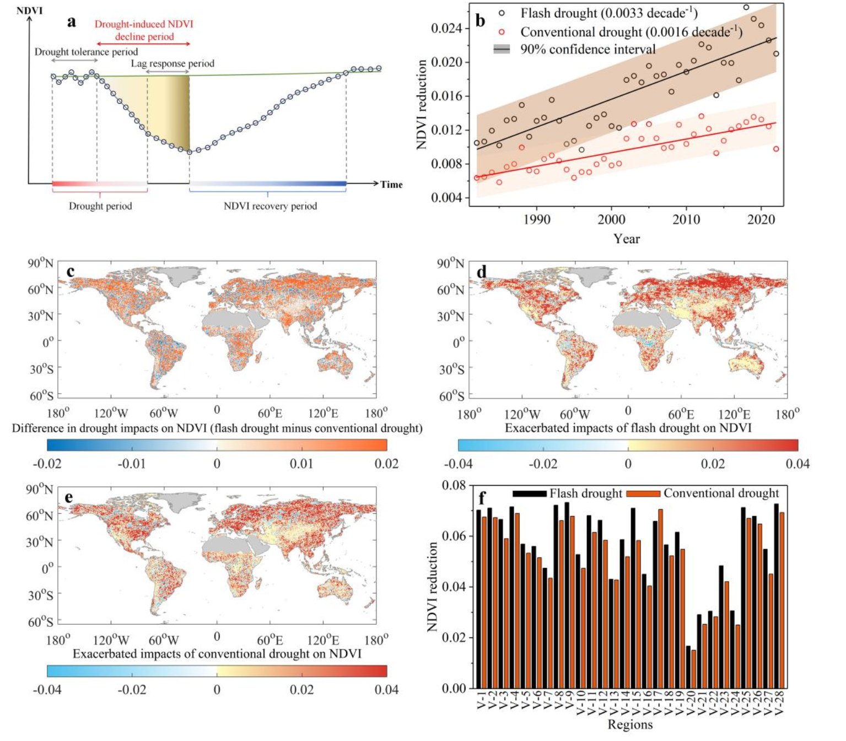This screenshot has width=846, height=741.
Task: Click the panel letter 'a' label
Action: (x=72, y=22)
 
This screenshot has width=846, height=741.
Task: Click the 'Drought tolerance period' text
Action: (x=86, y=52)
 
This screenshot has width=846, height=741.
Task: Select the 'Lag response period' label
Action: (x=173, y=63)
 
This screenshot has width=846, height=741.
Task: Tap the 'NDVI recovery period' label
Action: (x=270, y=206)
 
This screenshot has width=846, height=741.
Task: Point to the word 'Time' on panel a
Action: (x=391, y=185)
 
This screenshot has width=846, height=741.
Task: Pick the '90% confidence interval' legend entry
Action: (x=588, y=50)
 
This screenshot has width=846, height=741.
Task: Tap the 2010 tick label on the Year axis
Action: (x=686, y=219)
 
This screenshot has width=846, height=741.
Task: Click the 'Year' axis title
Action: (x=627, y=239)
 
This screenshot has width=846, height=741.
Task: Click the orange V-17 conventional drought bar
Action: (x=660, y=599)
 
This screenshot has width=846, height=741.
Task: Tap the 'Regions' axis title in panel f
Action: (x=630, y=724)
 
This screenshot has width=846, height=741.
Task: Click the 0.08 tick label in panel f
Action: (x=454, y=486)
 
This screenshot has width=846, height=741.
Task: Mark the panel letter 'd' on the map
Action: (x=481, y=272)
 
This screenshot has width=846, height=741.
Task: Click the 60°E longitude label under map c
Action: (x=270, y=414)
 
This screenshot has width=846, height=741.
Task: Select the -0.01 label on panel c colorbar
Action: (x=132, y=464)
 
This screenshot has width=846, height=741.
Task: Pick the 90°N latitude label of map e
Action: (x=40, y=490)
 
